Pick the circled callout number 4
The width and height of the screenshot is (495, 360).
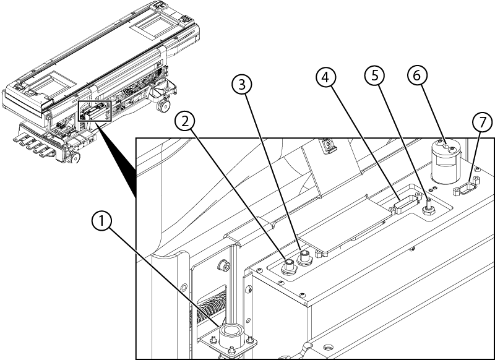click(328, 77)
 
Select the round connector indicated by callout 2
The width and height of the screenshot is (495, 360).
click(289, 267)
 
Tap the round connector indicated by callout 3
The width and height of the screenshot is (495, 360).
click(304, 257)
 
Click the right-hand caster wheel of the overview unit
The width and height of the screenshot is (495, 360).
click(164, 107)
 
